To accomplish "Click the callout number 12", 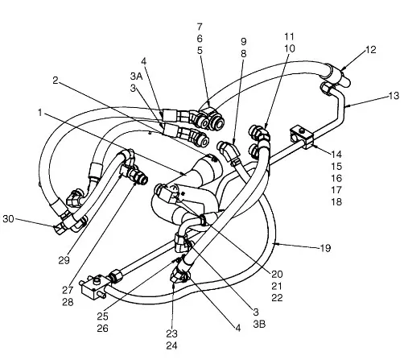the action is coord(371,50).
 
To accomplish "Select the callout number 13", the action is coord(394,96).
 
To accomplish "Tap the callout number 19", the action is coord(325,248).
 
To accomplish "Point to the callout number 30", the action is coord(8,219).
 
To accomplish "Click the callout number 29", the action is coord(64,260).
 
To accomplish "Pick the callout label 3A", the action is coord(136,77).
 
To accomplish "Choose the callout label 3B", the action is coord(259,324).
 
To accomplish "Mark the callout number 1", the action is coord(40,113).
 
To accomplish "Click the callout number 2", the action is coord(56,80).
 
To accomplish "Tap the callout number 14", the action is coord(336,155).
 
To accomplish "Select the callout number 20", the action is coord(277,274).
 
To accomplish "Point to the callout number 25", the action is coord(102,317).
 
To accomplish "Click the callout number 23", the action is coord(171,333).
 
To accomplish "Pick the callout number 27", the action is coord(68,290).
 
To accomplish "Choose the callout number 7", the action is coord(200,27).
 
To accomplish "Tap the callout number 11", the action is coord(290,36).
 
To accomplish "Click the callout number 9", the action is coord(244,42).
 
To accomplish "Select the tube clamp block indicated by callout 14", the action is coord(303,138).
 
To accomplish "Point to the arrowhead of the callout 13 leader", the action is coord(345,106).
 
